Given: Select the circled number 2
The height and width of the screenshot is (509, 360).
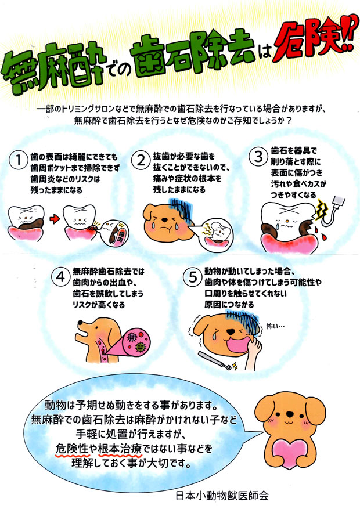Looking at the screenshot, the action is pos(141,160).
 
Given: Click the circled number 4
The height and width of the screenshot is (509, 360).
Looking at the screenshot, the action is pos(61,277).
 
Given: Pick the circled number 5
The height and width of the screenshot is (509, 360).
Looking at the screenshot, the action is pos(193,277).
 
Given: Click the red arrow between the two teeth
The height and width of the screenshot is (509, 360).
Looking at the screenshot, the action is pos(55,219).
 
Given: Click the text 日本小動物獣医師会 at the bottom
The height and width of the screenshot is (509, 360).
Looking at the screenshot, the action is pos(222,496).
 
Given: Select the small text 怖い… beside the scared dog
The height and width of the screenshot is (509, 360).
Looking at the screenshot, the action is pos(276,326).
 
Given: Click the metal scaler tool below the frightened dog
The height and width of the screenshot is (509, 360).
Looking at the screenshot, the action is pos(217,361).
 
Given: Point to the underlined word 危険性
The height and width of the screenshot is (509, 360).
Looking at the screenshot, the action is pos(72,449).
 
